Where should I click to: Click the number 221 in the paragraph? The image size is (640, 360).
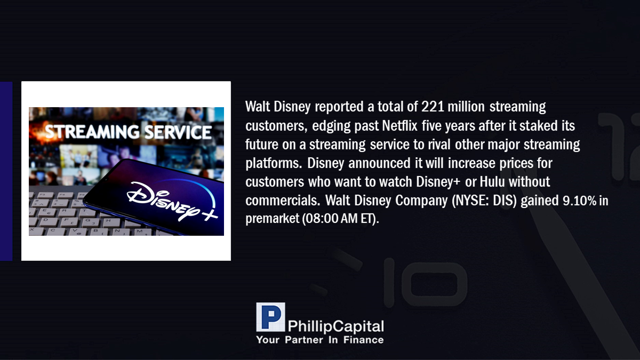click(433, 107)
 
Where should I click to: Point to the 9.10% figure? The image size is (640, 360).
click(580, 201)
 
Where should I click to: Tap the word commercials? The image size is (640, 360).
click(283, 201)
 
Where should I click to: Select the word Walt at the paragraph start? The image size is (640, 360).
click(258, 107)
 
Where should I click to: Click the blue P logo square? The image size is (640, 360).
click(270, 317)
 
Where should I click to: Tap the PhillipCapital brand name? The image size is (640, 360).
click(336, 326)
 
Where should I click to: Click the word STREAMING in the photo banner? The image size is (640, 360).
click(92, 132)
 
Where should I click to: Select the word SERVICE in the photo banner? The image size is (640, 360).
click(178, 132)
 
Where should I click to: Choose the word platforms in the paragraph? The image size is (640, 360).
click(274, 163)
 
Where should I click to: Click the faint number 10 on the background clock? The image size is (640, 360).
click(425, 283)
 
